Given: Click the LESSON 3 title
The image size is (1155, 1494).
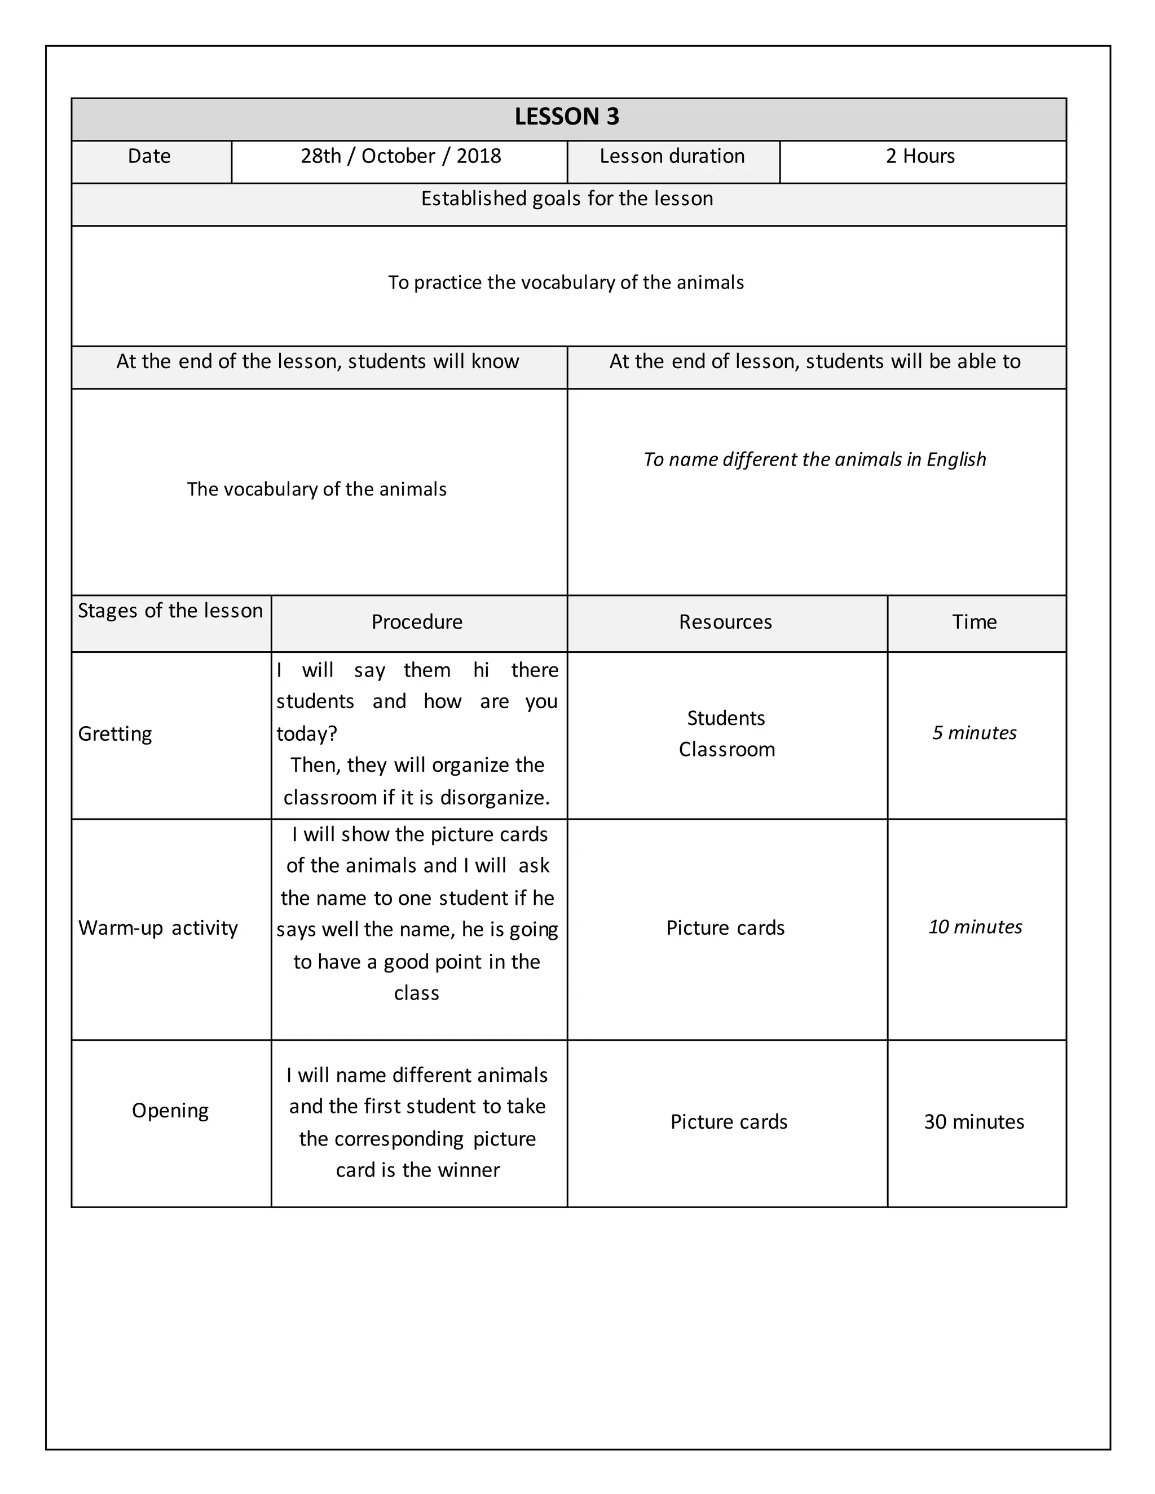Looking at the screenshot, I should coord(567,117).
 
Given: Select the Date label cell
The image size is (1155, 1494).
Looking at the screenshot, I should coord(149,157).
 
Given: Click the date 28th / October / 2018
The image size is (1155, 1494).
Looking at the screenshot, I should coord(401,157).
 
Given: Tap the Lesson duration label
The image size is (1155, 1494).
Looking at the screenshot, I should coord(672,157).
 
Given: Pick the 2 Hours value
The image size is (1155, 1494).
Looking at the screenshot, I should coord(920,157).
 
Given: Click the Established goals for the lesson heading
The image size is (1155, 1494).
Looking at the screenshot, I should coord(567,199).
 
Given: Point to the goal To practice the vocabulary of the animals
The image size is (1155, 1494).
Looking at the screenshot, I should coord(566,282).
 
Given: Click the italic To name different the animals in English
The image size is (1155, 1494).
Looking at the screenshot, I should coord(814,459).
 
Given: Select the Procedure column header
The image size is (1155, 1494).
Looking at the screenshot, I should coord(417,622).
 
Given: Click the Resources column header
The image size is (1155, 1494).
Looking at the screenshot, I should coord(725,622).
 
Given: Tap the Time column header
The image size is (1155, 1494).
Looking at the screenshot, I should coord(975,622).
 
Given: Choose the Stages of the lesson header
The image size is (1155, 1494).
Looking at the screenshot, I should coord(170,611).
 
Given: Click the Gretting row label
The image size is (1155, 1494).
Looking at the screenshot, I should coord(115,734).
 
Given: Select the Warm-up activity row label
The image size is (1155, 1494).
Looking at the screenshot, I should coord(158,929).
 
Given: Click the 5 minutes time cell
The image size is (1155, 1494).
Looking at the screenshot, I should coord(975,733).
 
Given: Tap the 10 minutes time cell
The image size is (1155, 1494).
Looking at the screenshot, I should coord(975,927).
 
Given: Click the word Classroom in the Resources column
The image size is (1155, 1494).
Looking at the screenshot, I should coord(726,750).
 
